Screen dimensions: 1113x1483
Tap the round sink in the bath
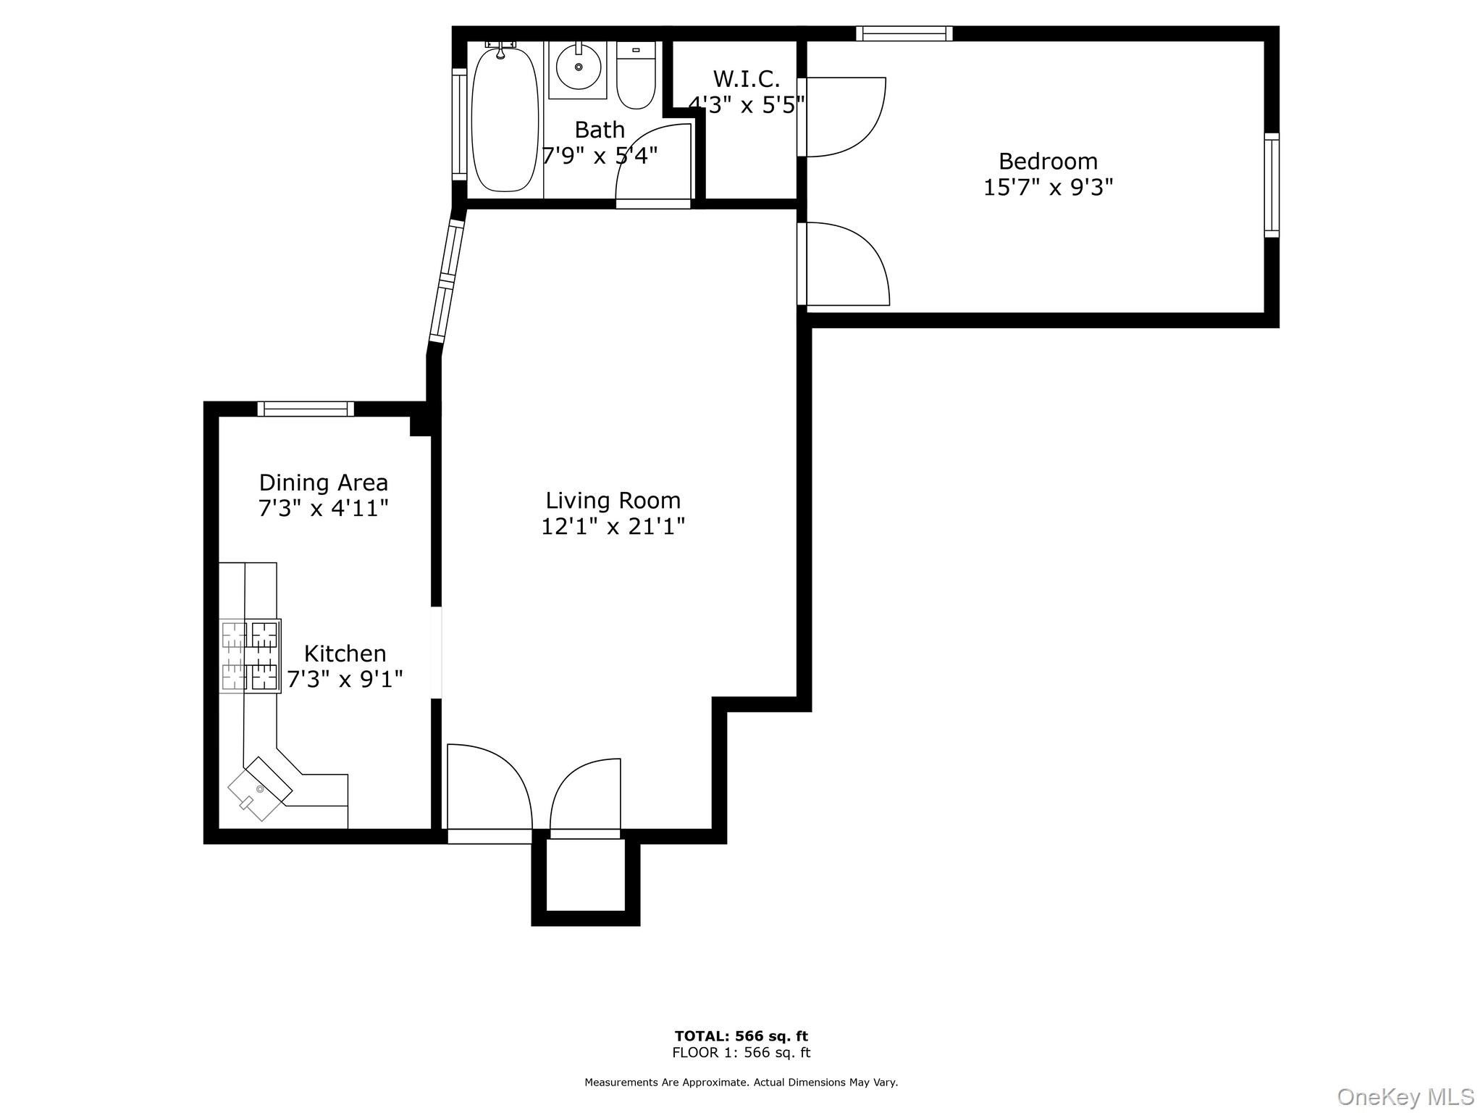coord(578,67)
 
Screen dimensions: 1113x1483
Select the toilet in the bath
coord(636,76)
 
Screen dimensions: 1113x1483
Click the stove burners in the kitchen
coord(250,656)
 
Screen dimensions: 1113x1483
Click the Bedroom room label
coord(1048,161)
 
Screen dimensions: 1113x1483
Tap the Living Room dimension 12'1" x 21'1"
coord(613,526)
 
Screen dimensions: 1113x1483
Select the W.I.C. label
coord(747,78)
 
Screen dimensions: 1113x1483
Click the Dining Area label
coord(324,483)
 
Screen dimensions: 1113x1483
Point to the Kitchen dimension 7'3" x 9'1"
coord(345,680)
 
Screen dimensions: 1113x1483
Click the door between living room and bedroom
coord(846,264)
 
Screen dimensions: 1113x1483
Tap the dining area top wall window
coord(306,409)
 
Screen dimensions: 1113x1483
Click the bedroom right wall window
coord(1272,185)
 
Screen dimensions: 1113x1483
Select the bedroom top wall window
coord(904,33)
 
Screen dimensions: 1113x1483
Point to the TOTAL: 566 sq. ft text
coord(741,1036)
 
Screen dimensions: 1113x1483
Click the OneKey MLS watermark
coord(1405,1096)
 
